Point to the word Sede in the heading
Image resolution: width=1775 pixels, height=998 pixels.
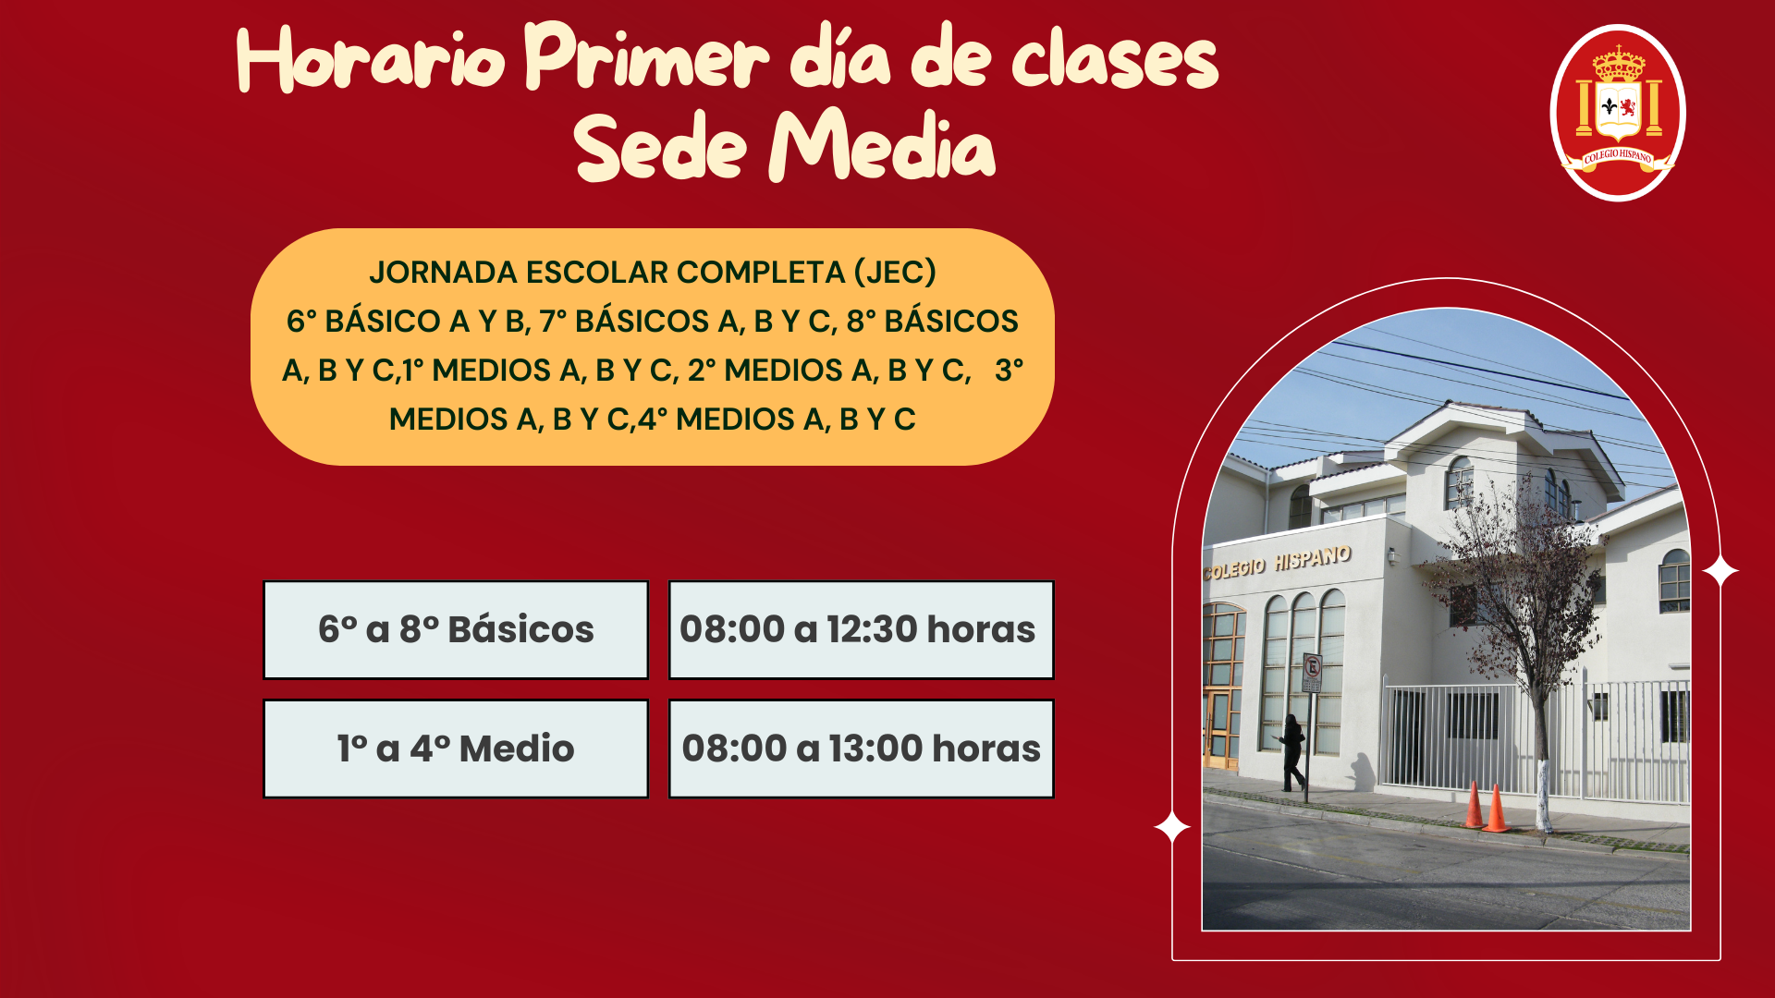pyautogui.click(x=660, y=146)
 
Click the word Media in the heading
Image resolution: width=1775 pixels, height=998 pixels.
pyautogui.click(x=882, y=144)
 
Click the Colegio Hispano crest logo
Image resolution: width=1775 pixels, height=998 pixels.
pyautogui.click(x=1618, y=113)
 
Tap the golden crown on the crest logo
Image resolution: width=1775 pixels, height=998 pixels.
pyautogui.click(x=1618, y=66)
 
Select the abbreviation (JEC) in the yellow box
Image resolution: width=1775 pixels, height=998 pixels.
pyautogui.click(x=895, y=273)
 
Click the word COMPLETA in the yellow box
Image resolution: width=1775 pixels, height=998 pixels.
pyautogui.click(x=761, y=273)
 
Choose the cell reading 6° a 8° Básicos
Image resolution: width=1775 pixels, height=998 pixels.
pyautogui.click(x=456, y=630)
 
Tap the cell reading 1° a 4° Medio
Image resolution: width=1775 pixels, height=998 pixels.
pyautogui.click(x=456, y=748)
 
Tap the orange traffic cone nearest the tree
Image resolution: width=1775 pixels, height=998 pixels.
pyautogui.click(x=1495, y=809)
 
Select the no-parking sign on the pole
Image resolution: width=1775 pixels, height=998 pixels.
pyautogui.click(x=1312, y=672)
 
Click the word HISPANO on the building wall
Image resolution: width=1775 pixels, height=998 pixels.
pyautogui.click(x=1313, y=558)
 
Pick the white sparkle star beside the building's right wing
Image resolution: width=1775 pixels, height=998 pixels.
pyautogui.click(x=1720, y=572)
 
